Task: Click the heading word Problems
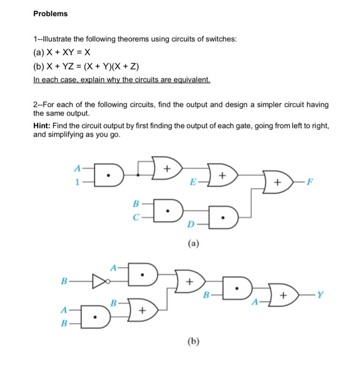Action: point(50,13)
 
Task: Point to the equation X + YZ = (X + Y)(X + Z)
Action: point(85,67)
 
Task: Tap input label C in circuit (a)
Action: point(136,217)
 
